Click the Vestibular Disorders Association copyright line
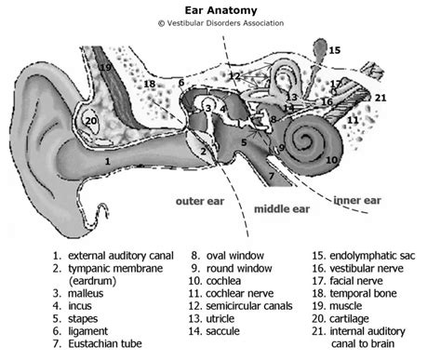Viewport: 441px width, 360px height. pos(220,26)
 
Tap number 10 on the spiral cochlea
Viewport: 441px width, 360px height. pos(332,159)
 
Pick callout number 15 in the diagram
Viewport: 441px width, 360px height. pos(334,50)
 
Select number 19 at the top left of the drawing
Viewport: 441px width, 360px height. pos(107,67)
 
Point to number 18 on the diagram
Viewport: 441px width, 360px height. pos(149,85)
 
